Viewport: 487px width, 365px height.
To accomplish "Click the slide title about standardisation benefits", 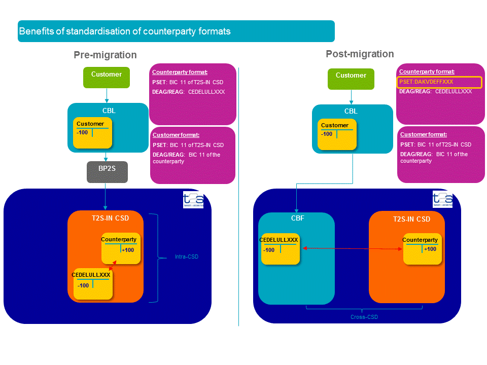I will coord(125,31).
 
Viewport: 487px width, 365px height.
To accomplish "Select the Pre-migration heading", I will coord(105,55).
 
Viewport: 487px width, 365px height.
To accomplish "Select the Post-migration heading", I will coord(360,54).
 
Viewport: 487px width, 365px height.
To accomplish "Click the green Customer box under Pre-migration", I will coord(107,77).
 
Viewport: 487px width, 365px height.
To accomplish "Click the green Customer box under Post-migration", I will coord(351,78).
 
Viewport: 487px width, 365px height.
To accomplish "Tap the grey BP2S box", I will coord(107,172).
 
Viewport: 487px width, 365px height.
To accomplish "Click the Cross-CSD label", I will coord(364,317).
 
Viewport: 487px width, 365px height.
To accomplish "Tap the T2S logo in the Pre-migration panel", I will coord(193,200).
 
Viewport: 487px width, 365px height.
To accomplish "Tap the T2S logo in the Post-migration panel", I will coord(442,200).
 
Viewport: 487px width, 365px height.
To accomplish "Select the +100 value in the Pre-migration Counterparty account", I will coord(128,250).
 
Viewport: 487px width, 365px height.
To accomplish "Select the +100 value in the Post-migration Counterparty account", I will coord(430,249).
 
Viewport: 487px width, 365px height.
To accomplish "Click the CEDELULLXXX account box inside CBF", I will coord(280,248).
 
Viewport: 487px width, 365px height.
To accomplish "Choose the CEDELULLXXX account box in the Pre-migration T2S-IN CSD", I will coord(92,284).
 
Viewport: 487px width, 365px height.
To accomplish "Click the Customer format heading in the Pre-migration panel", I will coord(176,135).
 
